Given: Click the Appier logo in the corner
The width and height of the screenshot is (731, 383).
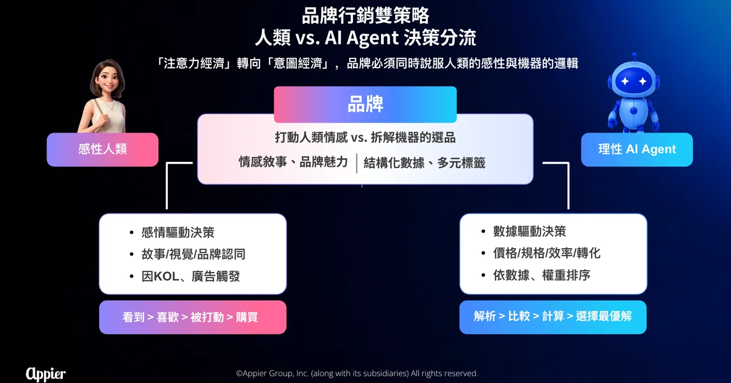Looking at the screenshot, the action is click(46, 374).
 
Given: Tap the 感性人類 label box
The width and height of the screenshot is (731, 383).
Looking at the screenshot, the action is click(102, 149).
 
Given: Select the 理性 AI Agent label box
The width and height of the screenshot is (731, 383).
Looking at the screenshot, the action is click(637, 149).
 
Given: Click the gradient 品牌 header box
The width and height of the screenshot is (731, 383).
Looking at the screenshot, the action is click(365, 104).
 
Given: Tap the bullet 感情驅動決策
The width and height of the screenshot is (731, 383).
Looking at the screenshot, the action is click(178, 232).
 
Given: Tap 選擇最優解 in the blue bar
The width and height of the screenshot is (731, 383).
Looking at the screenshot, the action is click(604, 316).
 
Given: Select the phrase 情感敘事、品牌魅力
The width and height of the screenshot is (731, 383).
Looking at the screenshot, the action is click(293, 162).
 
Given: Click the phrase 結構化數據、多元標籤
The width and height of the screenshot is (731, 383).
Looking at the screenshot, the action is click(424, 163).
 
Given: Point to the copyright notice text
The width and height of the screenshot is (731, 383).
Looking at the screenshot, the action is click(357, 373).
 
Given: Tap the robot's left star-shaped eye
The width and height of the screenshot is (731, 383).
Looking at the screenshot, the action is click(625, 81).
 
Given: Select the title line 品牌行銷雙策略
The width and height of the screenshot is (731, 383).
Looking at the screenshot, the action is click(365, 15).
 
